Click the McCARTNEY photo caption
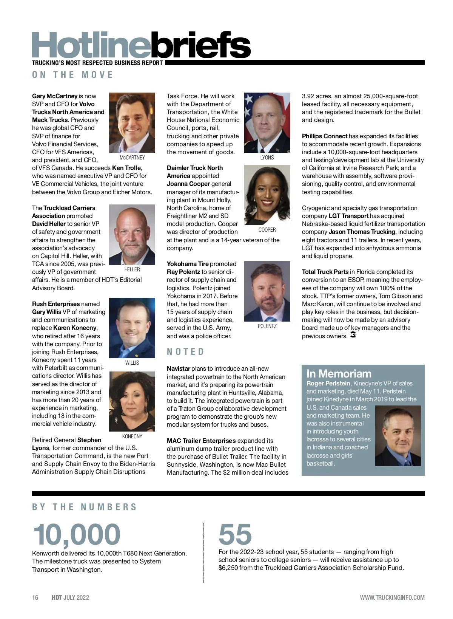point(132,158)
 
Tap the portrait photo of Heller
point(132,234)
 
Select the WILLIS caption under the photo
point(132,363)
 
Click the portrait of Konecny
point(132,401)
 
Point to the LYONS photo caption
point(267,158)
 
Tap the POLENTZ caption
point(267,326)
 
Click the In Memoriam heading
point(339,374)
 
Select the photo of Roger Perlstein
point(398,435)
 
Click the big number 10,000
point(77,534)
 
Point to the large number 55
point(235,534)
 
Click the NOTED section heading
point(185,352)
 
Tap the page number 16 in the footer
point(35,597)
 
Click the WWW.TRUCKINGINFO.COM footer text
point(392,597)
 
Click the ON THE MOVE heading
point(72,75)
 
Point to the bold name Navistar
point(179,368)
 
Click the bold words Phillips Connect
point(324,136)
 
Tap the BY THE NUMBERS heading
point(84,507)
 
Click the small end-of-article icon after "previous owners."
point(353,335)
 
